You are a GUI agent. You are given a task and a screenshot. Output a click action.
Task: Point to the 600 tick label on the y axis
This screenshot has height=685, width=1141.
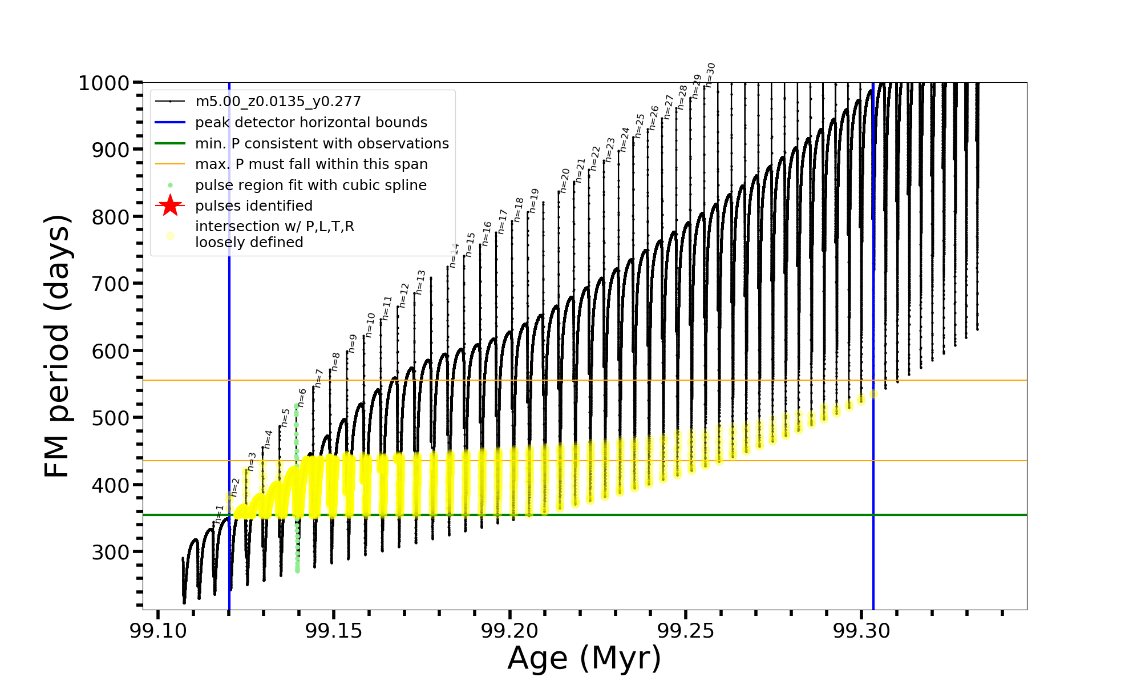click(x=111, y=351)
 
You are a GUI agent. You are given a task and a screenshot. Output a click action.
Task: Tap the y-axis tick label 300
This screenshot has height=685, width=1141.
click(x=111, y=552)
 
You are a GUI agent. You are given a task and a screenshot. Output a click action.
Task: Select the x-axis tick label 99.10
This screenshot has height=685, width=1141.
click(x=158, y=631)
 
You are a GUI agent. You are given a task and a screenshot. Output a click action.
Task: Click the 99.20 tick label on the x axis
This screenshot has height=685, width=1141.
click(x=510, y=631)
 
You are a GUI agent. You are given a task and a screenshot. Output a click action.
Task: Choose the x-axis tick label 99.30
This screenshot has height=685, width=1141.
click(x=862, y=631)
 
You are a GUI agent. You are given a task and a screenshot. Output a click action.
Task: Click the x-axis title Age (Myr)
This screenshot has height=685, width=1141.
click(x=584, y=658)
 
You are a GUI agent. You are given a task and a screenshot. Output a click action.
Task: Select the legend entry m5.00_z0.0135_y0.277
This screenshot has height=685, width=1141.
click(x=278, y=102)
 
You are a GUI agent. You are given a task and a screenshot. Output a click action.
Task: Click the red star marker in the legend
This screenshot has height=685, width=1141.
click(x=170, y=205)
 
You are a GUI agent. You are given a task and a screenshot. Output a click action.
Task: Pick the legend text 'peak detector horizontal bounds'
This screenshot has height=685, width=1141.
click(x=311, y=123)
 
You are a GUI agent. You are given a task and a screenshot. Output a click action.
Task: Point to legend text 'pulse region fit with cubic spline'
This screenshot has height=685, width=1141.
click(x=310, y=186)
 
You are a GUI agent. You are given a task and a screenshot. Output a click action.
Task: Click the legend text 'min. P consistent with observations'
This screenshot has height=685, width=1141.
click(x=322, y=144)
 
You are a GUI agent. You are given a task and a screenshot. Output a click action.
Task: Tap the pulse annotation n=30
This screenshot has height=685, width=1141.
click(x=710, y=75)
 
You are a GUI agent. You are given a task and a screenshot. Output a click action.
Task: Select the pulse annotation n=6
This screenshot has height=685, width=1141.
click(x=302, y=397)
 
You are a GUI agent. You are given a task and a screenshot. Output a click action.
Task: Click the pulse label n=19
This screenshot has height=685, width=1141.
click(x=533, y=201)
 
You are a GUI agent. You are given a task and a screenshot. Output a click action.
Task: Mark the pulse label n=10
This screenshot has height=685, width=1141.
click(x=370, y=325)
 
